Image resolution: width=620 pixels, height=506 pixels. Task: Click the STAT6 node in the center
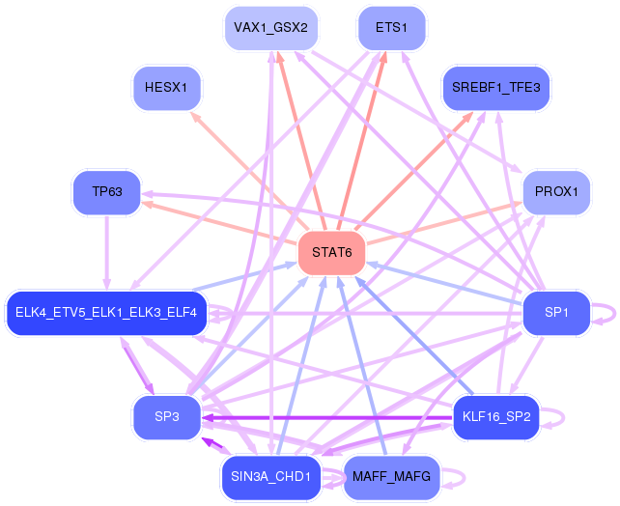332,253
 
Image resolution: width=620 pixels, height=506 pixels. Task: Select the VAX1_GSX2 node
270,28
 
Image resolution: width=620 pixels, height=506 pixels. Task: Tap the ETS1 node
391,28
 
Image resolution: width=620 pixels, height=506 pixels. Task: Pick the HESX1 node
166,88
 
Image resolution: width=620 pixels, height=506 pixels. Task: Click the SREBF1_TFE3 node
496,88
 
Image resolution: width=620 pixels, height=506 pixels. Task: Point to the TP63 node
107,192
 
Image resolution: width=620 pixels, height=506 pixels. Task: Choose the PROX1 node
556,192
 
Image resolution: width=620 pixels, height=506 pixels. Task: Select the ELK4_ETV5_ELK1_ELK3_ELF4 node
106,313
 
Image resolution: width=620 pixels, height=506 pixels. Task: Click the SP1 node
556,313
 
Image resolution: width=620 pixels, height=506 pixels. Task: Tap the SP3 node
167,417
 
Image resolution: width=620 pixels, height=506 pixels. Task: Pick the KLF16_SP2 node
496,417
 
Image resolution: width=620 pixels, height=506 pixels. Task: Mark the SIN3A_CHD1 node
270,477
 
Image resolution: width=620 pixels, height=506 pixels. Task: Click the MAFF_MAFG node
391,477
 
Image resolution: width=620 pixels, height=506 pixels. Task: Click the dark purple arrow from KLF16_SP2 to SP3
327,418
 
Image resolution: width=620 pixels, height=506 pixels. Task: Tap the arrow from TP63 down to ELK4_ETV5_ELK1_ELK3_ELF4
107,253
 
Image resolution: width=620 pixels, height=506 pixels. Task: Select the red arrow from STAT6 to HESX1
249,171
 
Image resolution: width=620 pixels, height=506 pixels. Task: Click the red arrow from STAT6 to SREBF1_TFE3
413,171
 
